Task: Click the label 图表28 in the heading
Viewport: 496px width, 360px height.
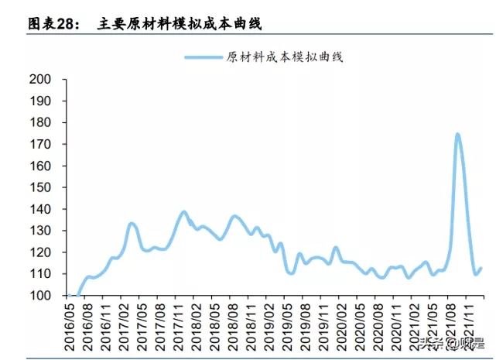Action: click(54, 24)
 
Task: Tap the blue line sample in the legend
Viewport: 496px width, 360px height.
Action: click(203, 57)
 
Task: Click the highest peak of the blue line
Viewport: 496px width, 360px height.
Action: click(457, 135)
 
